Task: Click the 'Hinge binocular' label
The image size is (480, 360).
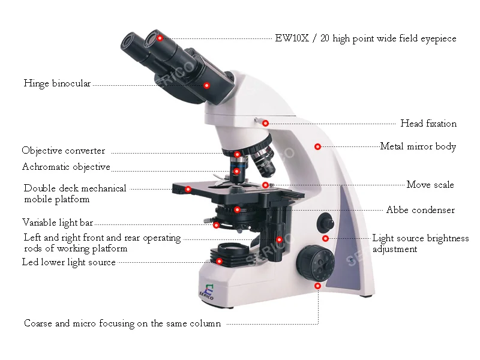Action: [x=57, y=84]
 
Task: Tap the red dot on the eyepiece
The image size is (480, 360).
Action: [x=160, y=38]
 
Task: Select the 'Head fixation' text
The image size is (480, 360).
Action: [x=428, y=124]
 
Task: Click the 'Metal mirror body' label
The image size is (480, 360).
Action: [x=418, y=146]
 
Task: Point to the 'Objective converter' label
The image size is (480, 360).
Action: [x=64, y=151]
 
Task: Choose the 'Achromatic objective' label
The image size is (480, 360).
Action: [x=66, y=167]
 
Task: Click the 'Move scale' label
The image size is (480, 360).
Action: [x=430, y=185]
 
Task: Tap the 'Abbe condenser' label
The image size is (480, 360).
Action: [x=420, y=210]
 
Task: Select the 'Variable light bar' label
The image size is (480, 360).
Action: [x=58, y=223]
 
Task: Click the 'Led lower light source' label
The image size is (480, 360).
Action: [x=68, y=262]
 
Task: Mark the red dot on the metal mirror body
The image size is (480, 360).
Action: [x=318, y=146]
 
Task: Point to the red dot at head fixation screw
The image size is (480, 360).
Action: [x=265, y=123]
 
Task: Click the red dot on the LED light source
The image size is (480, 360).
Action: [x=220, y=261]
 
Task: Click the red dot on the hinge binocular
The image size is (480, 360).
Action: [x=206, y=85]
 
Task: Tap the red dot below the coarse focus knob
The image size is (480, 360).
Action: [x=317, y=286]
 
